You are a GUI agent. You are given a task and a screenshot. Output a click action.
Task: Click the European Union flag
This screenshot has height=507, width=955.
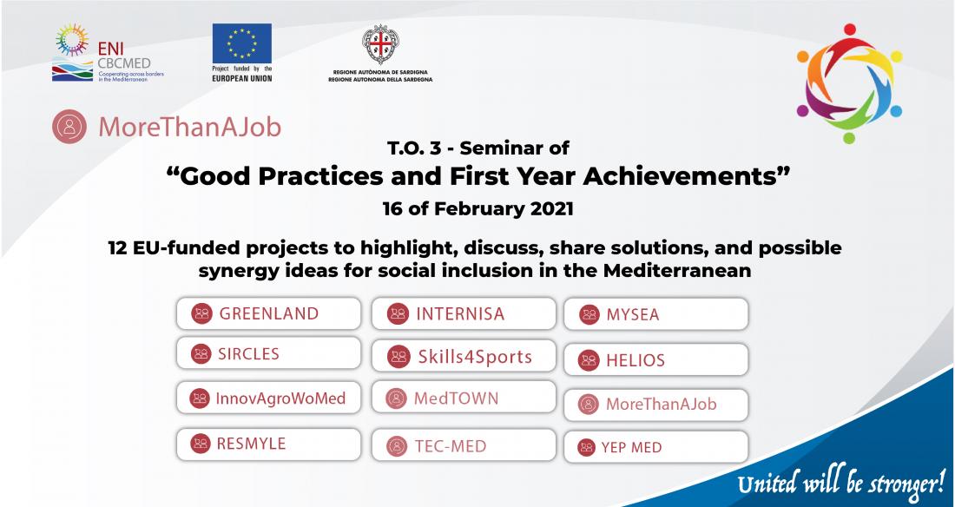pyautogui.click(x=242, y=43)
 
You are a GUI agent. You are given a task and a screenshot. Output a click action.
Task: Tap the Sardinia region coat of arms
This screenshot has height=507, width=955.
pyautogui.click(x=380, y=44)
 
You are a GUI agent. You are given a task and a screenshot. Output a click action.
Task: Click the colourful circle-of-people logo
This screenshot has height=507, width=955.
pyautogui.click(x=849, y=83)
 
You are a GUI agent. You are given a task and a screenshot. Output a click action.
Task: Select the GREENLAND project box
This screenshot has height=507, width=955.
pyautogui.click(x=268, y=313)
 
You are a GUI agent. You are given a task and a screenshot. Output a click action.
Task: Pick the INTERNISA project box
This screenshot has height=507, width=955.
pyautogui.click(x=464, y=313)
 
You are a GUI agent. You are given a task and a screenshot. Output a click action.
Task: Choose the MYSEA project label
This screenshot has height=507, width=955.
pyautogui.click(x=656, y=314)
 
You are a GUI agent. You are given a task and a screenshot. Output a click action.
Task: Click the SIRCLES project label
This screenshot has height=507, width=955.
pyautogui.click(x=268, y=353)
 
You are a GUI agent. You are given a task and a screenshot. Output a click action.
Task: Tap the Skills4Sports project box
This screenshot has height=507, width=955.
pyautogui.click(x=464, y=356)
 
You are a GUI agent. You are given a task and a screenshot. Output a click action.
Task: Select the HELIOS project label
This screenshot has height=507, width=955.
pyautogui.click(x=656, y=359)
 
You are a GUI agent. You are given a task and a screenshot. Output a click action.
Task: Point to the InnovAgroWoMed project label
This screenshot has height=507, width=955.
pyautogui.click(x=268, y=398)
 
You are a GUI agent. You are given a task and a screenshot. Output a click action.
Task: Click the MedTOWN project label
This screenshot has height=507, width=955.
pyautogui.click(x=464, y=398)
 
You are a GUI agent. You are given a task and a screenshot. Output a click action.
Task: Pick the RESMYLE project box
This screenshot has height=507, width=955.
pyautogui.click(x=268, y=444)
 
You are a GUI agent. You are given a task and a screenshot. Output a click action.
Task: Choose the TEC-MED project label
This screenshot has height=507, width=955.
pyautogui.click(x=464, y=444)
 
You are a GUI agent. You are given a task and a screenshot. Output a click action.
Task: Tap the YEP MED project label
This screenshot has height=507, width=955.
pyautogui.click(x=656, y=447)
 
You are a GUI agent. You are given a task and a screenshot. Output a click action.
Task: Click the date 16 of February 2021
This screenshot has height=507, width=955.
pyautogui.click(x=478, y=209)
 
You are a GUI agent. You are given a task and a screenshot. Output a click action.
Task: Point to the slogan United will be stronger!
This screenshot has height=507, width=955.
pyautogui.click(x=841, y=484)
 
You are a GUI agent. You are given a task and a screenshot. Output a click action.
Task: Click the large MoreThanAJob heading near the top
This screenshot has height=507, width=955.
pyautogui.click(x=167, y=127)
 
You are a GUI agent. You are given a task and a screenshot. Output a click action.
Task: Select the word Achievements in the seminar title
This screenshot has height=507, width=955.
pyautogui.click(x=687, y=177)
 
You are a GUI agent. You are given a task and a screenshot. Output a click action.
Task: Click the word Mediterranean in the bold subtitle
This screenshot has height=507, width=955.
pyautogui.click(x=677, y=270)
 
